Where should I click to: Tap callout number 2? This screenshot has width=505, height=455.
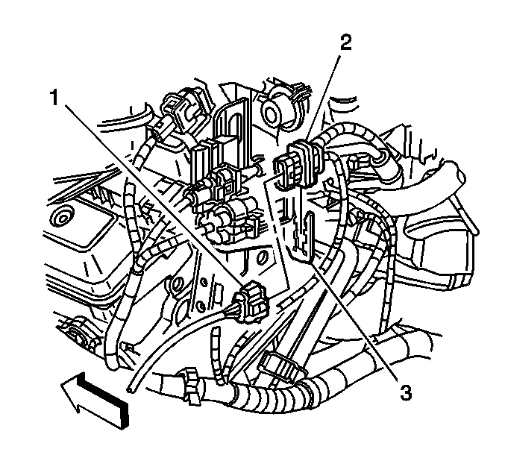[345, 43]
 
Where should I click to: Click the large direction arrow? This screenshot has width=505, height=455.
[95, 400]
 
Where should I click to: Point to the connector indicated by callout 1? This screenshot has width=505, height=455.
[251, 302]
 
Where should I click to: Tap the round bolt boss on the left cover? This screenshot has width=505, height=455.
[62, 218]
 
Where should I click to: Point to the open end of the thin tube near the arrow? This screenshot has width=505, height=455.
[130, 389]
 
